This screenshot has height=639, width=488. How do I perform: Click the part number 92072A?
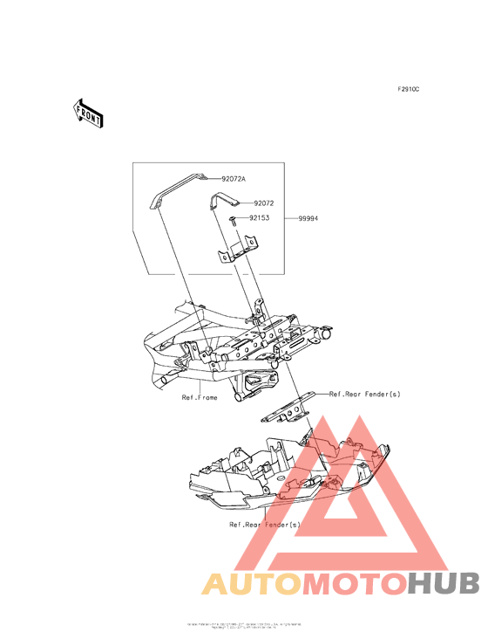coord(233,178)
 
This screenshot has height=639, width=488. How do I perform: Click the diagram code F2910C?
coord(409,89)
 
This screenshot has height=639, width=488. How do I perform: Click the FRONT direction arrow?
coord(87,113)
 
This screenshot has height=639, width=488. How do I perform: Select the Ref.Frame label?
coord(200,397)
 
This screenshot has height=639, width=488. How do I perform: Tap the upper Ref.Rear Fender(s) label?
coord(364,394)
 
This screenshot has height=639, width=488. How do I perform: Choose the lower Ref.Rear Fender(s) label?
coord(264,525)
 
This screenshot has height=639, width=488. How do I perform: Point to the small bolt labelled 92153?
coord(234,220)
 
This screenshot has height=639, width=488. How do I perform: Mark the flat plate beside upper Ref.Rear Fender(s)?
coord(288,408)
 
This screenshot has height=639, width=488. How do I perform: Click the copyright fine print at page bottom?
coord(244,626)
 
